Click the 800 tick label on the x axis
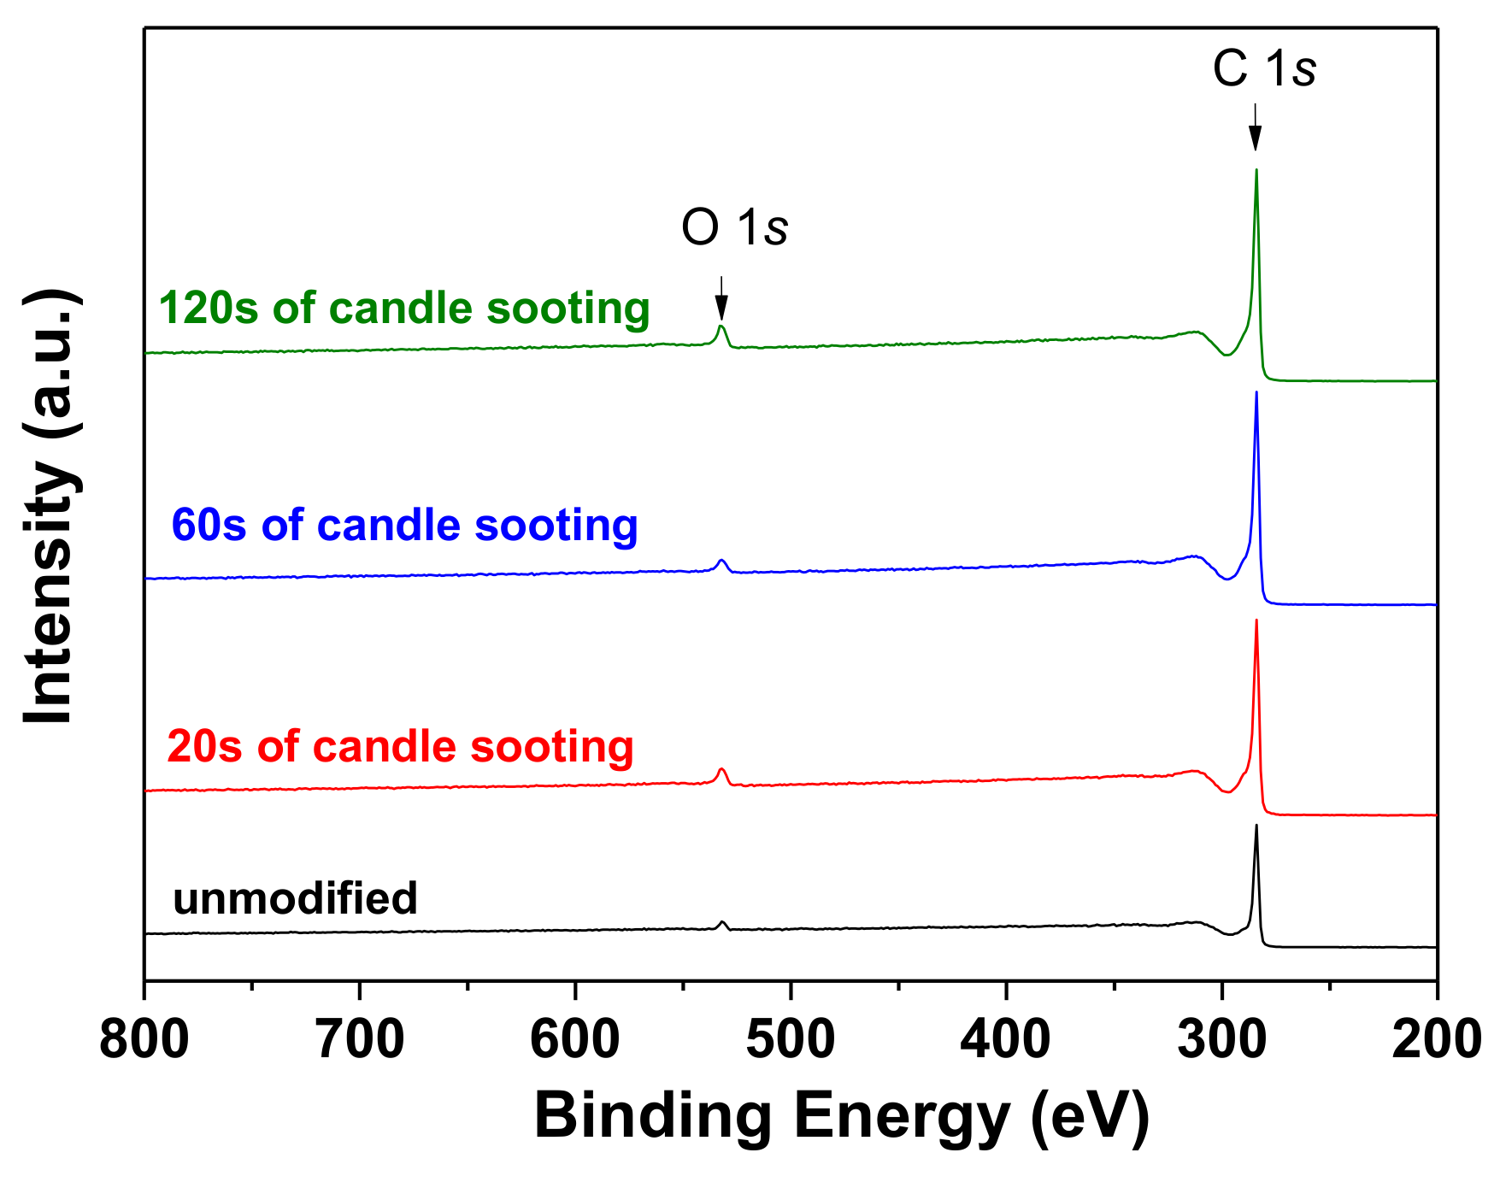pos(144,1040)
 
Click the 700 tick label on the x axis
pos(360,1040)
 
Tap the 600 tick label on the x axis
pos(575,1040)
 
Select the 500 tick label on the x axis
pos(791,1040)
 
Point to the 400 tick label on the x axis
pos(1006,1040)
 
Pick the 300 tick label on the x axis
pos(1221,1040)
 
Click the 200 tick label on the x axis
pos(1436,1040)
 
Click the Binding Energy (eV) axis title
pos(842,1115)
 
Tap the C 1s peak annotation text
pos(1263,68)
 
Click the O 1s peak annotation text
pos(733,228)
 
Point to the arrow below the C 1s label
pos(1255,128)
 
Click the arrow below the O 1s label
pos(721,298)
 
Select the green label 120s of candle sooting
pos(404,308)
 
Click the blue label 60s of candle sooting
pos(404,525)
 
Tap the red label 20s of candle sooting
pos(400,746)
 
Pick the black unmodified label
pos(295,898)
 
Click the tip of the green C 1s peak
pos(1256,170)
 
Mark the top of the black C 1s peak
pos(1256,826)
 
